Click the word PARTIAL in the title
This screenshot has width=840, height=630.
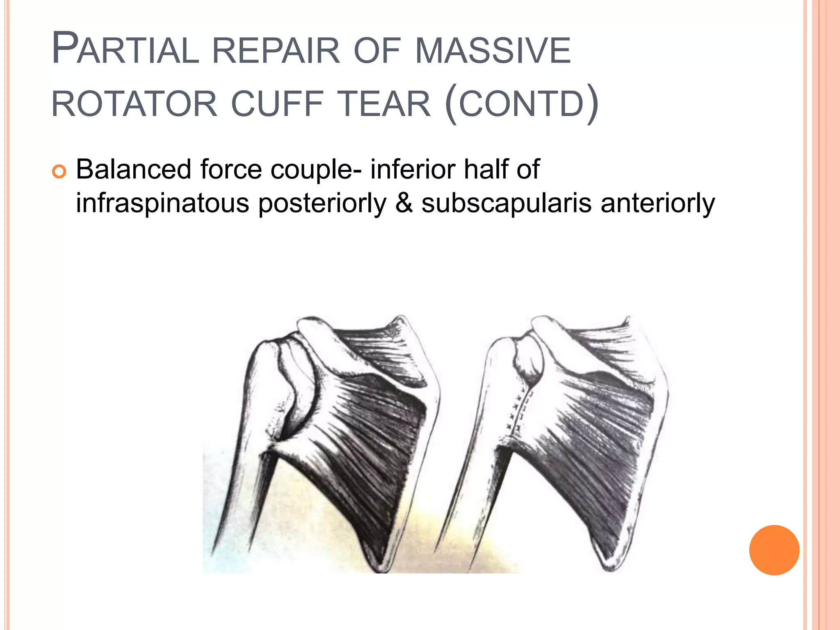tap(126, 49)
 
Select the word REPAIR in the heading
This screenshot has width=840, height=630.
tap(276, 51)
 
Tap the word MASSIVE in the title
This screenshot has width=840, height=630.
tap(493, 51)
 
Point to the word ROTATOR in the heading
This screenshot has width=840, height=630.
tap(134, 104)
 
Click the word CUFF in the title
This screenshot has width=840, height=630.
tap(278, 104)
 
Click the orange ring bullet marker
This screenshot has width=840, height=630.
tap(59, 171)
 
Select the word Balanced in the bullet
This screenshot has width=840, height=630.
tap(134, 169)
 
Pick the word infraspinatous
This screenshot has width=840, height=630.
tap(162, 203)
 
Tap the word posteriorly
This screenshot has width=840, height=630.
tap(322, 203)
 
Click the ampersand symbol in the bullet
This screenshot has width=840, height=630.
tap(404, 203)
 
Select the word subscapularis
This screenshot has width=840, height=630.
tap(507, 203)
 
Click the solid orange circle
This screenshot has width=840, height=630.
tap(774, 550)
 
